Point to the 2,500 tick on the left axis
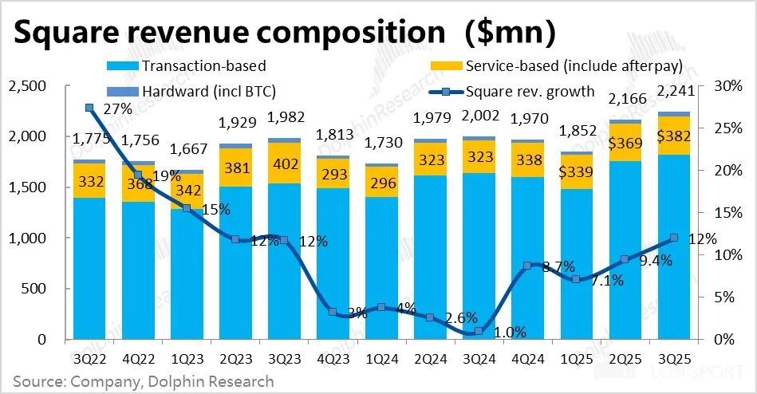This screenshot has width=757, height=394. [x=27, y=86]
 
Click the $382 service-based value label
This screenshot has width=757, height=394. [x=675, y=136]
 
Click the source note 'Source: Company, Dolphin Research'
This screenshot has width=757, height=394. [x=144, y=381]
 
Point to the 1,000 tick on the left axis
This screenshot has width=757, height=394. [x=27, y=238]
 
